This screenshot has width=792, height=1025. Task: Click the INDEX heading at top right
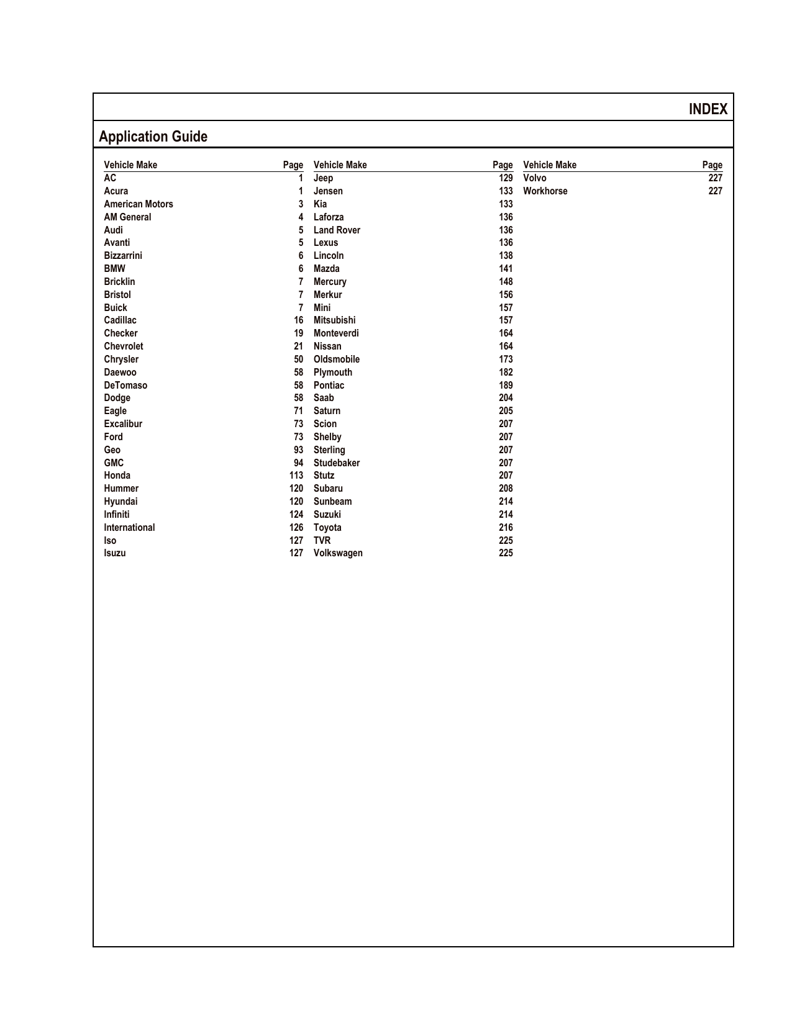(x=708, y=109)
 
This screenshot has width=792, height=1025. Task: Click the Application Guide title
(x=153, y=137)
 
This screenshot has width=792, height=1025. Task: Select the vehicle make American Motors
(x=138, y=204)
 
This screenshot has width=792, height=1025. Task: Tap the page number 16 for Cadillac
(x=298, y=320)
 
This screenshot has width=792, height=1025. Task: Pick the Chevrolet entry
(x=123, y=346)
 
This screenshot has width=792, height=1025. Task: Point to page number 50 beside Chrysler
(x=298, y=359)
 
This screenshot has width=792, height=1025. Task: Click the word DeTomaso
(x=125, y=386)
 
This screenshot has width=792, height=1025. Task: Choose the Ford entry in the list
(x=113, y=437)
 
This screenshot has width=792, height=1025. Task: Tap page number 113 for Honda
(x=296, y=476)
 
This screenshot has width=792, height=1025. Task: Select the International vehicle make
(x=129, y=528)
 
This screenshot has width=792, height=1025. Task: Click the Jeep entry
(x=323, y=178)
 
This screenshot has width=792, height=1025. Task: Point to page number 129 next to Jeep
(x=506, y=178)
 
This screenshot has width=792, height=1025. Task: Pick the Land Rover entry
(x=337, y=230)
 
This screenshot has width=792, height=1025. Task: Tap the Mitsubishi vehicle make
(x=334, y=320)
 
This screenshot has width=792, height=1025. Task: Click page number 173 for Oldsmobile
(x=506, y=359)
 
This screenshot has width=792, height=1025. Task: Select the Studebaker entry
(x=336, y=463)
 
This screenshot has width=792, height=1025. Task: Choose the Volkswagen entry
(x=338, y=553)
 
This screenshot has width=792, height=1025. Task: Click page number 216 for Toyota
(x=506, y=528)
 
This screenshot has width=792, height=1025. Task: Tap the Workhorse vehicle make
(x=545, y=191)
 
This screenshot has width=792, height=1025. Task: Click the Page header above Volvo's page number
(x=712, y=165)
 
